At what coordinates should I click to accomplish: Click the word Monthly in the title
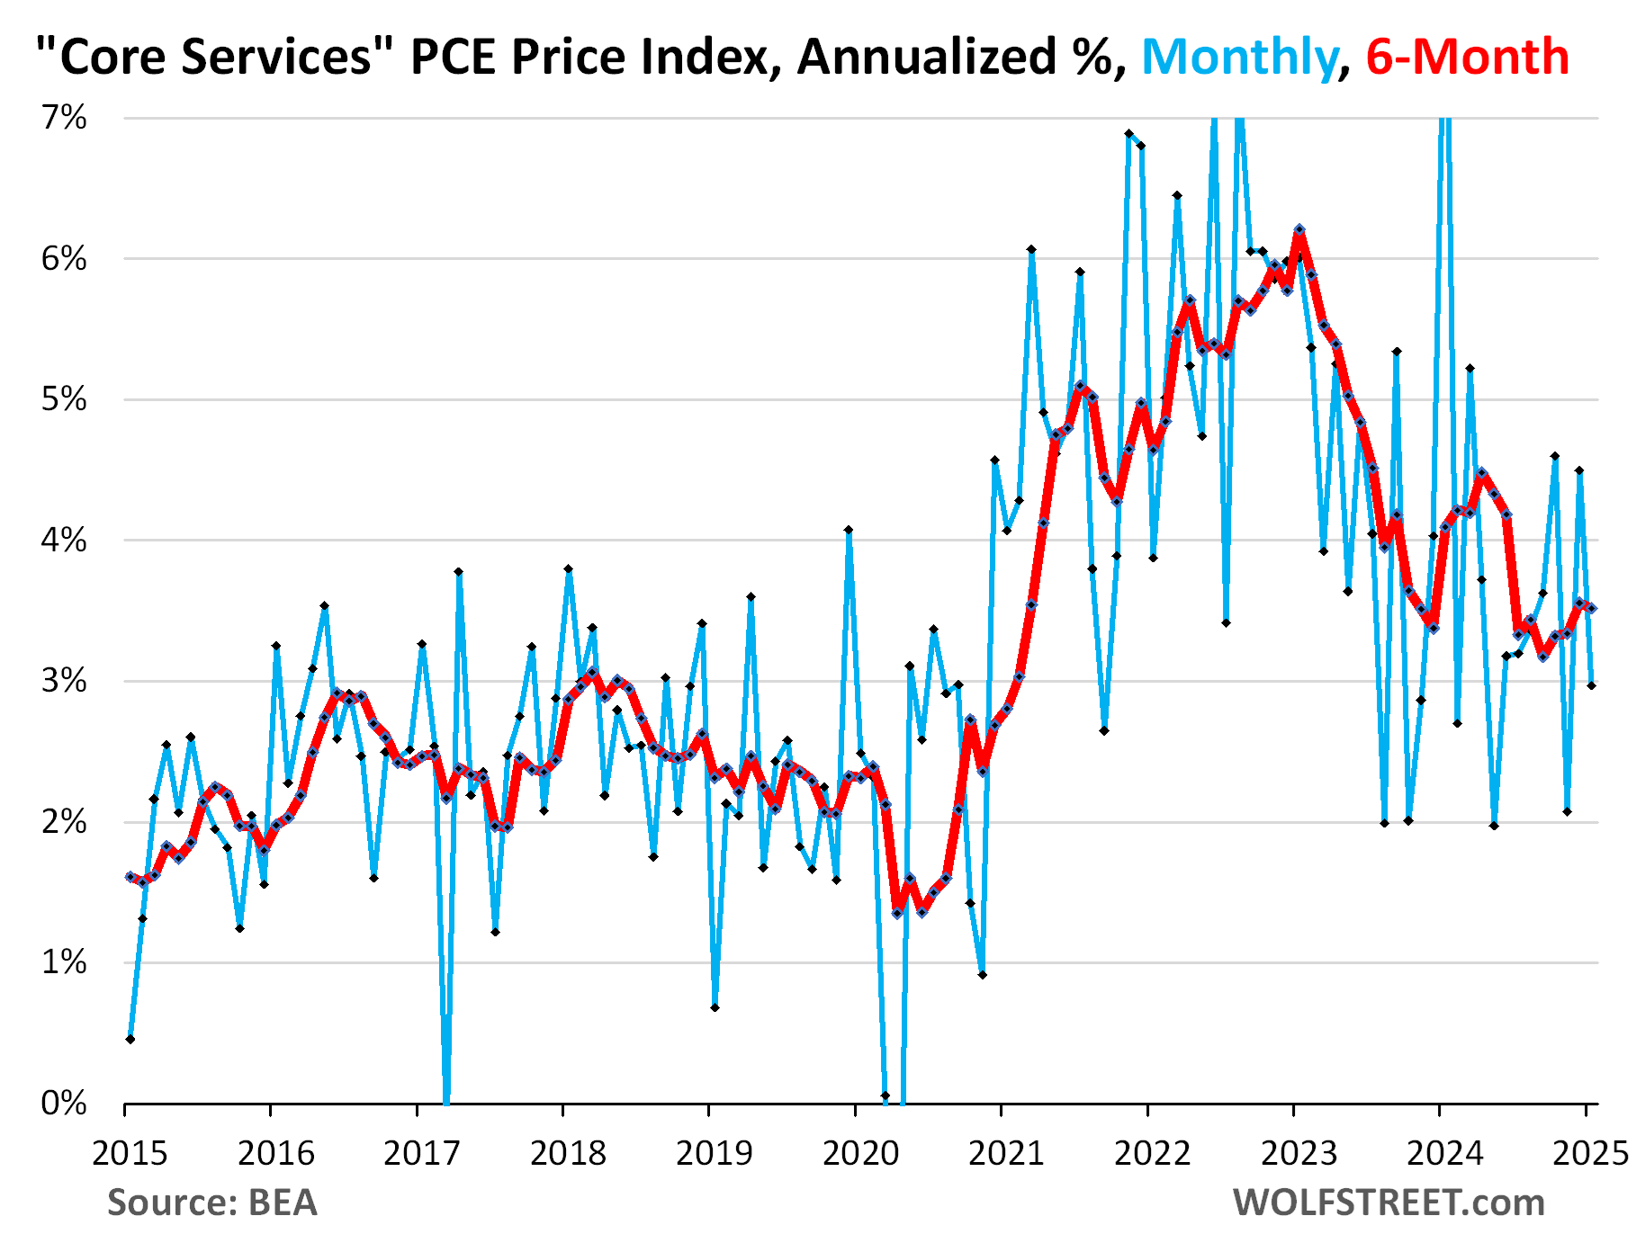pyautogui.click(x=1240, y=57)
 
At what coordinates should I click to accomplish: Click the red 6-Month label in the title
pyautogui.click(x=1467, y=57)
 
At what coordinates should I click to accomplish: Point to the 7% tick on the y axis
pyautogui.click(x=65, y=118)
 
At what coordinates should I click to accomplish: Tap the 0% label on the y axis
pyautogui.click(x=65, y=1103)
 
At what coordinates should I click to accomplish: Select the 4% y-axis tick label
pyautogui.click(x=65, y=541)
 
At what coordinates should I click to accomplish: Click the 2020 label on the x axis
pyautogui.click(x=860, y=1152)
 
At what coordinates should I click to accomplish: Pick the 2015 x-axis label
pyautogui.click(x=130, y=1152)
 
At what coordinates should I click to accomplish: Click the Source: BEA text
pyautogui.click(x=212, y=1203)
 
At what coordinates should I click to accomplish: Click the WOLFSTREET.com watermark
pyautogui.click(x=1389, y=1203)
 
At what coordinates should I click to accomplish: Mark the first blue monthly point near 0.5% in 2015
pyautogui.click(x=130, y=1039)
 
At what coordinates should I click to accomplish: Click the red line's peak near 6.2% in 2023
pyautogui.click(x=1299, y=230)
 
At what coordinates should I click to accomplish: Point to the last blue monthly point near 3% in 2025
pyautogui.click(x=1592, y=685)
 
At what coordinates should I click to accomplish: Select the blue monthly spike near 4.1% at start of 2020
pyautogui.click(x=849, y=531)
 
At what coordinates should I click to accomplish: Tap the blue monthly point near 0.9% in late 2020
pyautogui.click(x=983, y=975)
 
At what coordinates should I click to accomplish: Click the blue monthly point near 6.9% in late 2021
pyautogui.click(x=1128, y=133)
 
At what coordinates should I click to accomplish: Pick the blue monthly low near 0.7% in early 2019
pyautogui.click(x=715, y=1007)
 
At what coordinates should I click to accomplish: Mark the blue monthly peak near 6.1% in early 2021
pyautogui.click(x=1031, y=249)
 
